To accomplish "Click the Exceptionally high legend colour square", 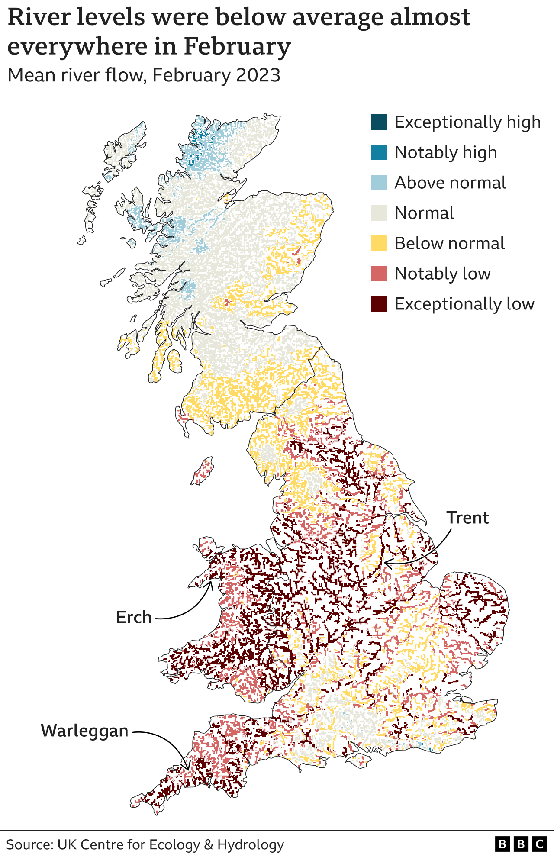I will pos(379,122).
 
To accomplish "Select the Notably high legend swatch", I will pos(379,152).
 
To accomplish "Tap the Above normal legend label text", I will pos(450,183).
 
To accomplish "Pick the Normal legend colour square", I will pos(379,213).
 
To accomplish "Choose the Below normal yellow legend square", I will pos(379,243).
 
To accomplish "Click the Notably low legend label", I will pos(442,274).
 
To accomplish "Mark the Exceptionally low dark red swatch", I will pos(379,304).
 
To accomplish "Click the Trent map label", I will pos(467,518).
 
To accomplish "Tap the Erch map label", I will pos(134,617).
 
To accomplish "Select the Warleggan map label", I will pos(85,731).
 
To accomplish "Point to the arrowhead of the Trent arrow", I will pos(386,564).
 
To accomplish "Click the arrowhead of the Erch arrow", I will pos(212,582).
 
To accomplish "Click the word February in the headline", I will pos(237,46).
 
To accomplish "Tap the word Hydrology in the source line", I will pos(251,844).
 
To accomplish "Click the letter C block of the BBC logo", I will pos(539,844).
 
